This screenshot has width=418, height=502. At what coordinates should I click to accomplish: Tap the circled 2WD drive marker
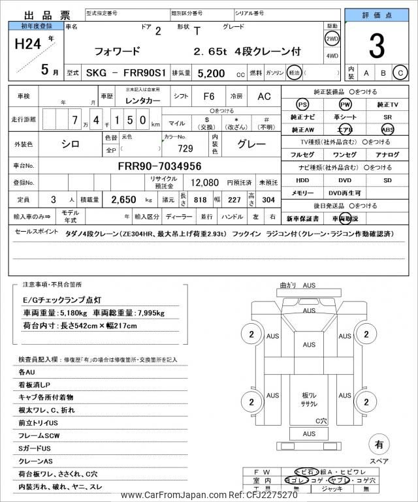[x=332, y=38]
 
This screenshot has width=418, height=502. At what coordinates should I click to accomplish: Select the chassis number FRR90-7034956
[x=159, y=166]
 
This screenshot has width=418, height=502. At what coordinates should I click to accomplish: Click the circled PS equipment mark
[x=302, y=105]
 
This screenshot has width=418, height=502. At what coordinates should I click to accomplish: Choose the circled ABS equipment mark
[x=387, y=129]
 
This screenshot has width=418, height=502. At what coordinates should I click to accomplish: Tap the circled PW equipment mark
[x=345, y=105]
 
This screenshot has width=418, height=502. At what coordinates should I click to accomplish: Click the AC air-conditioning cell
[x=264, y=96]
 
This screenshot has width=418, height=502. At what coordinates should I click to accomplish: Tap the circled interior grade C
[x=400, y=72]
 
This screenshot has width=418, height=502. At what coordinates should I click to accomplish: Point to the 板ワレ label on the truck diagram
[x=309, y=396]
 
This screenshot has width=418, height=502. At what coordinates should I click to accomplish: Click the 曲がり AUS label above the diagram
[x=297, y=285]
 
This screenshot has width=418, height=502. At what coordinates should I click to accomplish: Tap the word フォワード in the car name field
[x=117, y=50]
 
